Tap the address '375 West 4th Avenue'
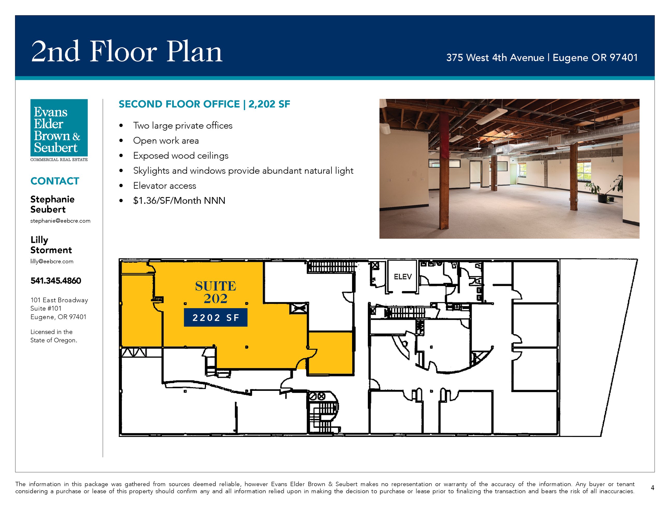point(495,58)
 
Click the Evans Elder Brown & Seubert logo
point(59,130)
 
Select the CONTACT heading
point(55,181)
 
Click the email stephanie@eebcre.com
point(60,221)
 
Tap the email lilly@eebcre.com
point(52,261)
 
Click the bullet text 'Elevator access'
point(165,186)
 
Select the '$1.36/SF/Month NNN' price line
point(179,201)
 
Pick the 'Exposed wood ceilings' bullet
point(181,156)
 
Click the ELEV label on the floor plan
point(403,277)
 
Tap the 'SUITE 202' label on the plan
point(216,292)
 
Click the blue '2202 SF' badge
point(216,317)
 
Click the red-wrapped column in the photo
point(444,170)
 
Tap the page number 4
point(652,488)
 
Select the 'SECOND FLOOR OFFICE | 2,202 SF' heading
point(204,104)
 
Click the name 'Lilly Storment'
point(51,245)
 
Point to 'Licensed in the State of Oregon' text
point(54,336)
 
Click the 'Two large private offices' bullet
point(183,126)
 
